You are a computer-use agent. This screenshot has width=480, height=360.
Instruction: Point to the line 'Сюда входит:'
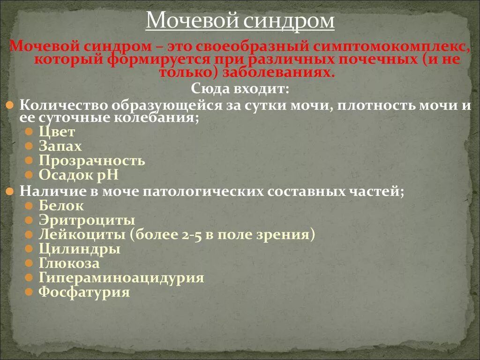point(240,89)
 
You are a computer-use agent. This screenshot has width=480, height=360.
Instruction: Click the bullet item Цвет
point(57,132)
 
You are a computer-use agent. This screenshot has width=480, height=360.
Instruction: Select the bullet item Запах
point(60,146)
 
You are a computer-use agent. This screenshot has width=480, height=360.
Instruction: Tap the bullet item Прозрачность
point(91,161)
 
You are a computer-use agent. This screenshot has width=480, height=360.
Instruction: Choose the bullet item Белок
point(61,205)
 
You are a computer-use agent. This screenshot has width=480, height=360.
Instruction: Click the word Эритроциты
point(87,220)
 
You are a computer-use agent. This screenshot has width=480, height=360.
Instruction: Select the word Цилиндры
point(79,249)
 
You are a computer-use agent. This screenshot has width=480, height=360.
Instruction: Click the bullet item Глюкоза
point(69,263)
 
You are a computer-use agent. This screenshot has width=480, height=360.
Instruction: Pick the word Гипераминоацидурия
point(121,278)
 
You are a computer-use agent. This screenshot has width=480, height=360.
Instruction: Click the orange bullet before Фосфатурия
point(29,292)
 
